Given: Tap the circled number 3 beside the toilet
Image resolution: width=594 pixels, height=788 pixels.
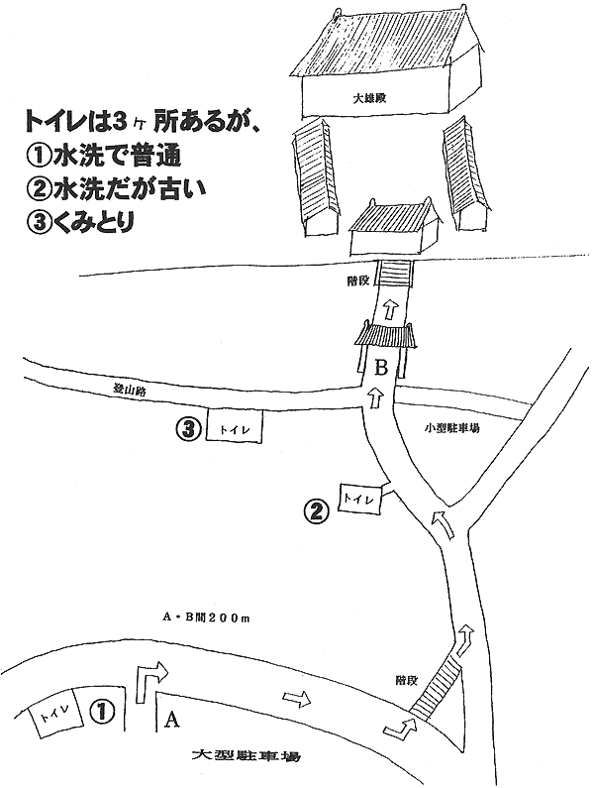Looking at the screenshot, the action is (x=189, y=428).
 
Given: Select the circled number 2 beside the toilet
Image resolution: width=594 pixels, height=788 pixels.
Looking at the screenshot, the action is (x=318, y=511).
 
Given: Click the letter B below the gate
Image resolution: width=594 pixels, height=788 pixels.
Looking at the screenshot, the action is (x=381, y=369).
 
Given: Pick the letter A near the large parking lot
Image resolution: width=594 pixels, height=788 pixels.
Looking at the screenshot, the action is (x=171, y=721).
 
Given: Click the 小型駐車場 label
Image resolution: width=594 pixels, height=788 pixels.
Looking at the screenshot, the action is (x=451, y=428).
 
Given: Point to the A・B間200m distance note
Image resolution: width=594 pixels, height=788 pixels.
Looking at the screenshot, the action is (x=206, y=619).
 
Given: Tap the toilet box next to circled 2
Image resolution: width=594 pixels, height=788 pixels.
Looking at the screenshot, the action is (x=359, y=499).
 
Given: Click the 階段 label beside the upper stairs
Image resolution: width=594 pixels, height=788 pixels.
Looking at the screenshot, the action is (x=358, y=281).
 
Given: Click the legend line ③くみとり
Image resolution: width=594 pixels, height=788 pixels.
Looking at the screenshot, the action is (x=79, y=221).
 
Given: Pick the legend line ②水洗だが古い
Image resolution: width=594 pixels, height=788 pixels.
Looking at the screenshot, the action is (x=116, y=188).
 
